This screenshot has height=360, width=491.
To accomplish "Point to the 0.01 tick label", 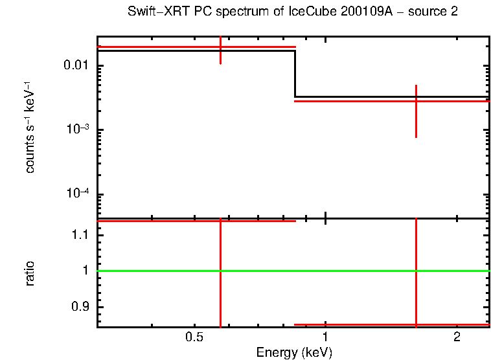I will [75, 66].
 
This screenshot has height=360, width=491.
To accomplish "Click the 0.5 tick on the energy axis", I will [194, 337].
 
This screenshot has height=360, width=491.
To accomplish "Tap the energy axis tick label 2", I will [457, 337].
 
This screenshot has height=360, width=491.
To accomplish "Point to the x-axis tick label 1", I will [325, 337].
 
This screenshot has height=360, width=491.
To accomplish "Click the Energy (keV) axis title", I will [294, 352].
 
